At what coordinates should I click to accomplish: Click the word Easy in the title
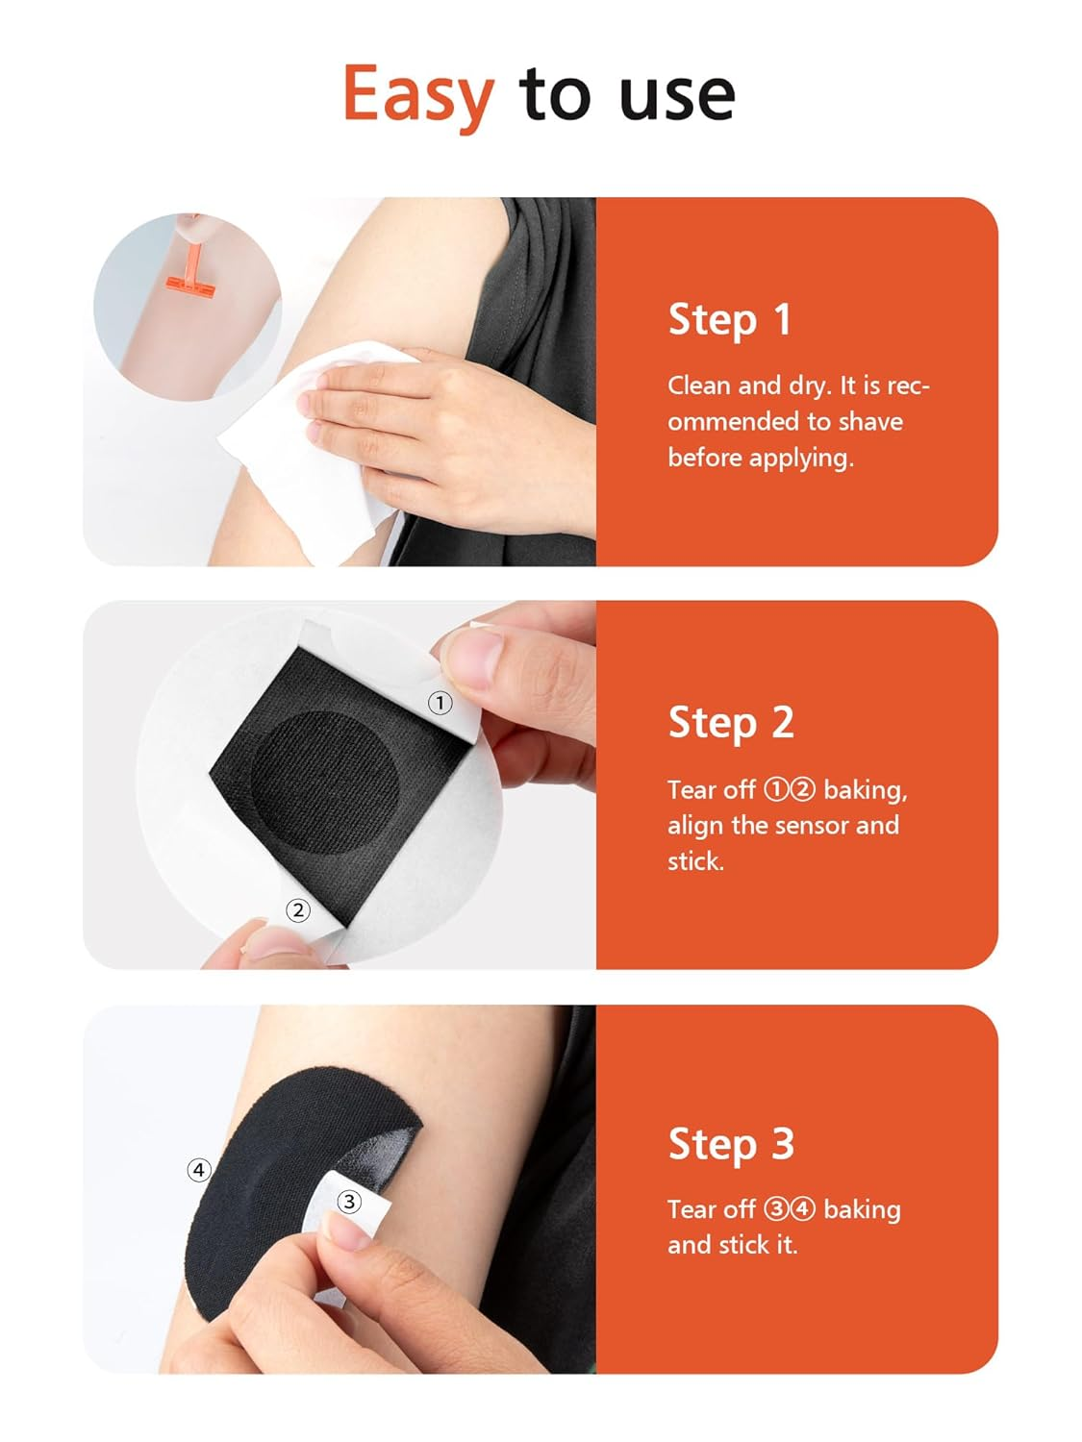pyautogui.click(x=418, y=95)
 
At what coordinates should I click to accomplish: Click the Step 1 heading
pyautogui.click(x=729, y=319)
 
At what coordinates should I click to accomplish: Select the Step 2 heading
pyautogui.click(x=731, y=723)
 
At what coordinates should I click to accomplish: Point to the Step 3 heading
pyautogui.click(x=731, y=1144)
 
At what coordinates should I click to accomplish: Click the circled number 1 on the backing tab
pyautogui.click(x=440, y=703)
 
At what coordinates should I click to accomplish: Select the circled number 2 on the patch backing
pyautogui.click(x=298, y=909)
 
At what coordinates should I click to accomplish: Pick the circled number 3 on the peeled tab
pyautogui.click(x=349, y=1201)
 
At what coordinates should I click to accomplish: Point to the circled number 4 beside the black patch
pyautogui.click(x=198, y=1170)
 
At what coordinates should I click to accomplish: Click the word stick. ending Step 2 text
pyautogui.click(x=695, y=861)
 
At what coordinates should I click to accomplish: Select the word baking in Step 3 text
pyautogui.click(x=862, y=1209)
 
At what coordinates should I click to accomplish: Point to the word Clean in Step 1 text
pyautogui.click(x=699, y=386)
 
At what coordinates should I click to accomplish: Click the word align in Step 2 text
pyautogui.click(x=695, y=825)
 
